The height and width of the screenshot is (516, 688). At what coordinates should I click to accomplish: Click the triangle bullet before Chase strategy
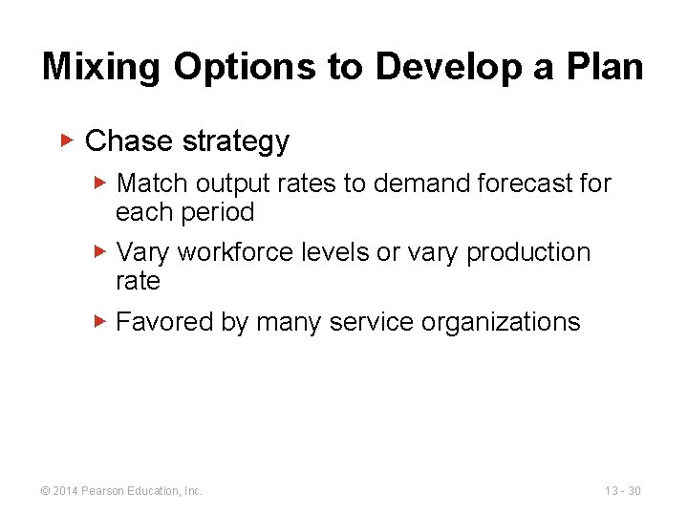tap(67, 140)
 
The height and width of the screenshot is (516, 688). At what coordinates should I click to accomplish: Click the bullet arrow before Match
tap(101, 183)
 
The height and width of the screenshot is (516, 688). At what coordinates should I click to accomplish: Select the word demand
tap(412, 183)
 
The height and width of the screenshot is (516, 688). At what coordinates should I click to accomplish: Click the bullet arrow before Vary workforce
tap(101, 252)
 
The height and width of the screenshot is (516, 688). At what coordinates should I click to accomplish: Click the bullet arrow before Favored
tap(101, 321)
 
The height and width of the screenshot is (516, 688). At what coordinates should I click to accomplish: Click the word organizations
tap(503, 322)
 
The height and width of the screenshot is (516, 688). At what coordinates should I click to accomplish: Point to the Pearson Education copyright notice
tap(121, 491)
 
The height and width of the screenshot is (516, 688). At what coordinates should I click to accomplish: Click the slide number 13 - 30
tap(622, 491)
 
